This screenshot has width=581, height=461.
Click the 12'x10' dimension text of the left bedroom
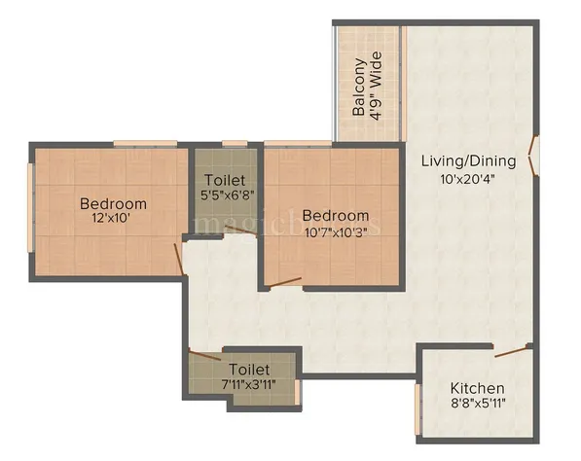point(113,220)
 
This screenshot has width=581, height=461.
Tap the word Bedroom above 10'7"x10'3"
point(335,215)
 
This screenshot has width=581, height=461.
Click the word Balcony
point(360,88)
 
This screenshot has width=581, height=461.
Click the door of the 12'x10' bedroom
point(179,259)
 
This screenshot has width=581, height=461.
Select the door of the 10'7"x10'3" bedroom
point(285,283)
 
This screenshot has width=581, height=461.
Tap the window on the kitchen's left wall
point(418,409)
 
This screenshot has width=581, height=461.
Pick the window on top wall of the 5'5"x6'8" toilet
point(235,144)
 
